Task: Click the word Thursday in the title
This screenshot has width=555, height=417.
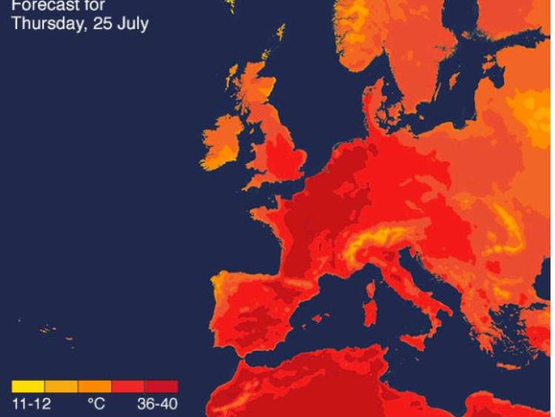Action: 44,23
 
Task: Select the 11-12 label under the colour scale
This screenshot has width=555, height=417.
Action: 30,405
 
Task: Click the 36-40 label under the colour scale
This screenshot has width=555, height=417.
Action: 157,405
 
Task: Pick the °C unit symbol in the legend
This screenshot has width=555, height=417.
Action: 95,405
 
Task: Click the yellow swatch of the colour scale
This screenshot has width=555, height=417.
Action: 28,387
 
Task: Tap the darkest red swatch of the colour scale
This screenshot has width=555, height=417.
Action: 161,387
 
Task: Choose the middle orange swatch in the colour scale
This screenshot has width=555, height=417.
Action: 95,387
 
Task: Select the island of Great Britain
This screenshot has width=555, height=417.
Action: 277,148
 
